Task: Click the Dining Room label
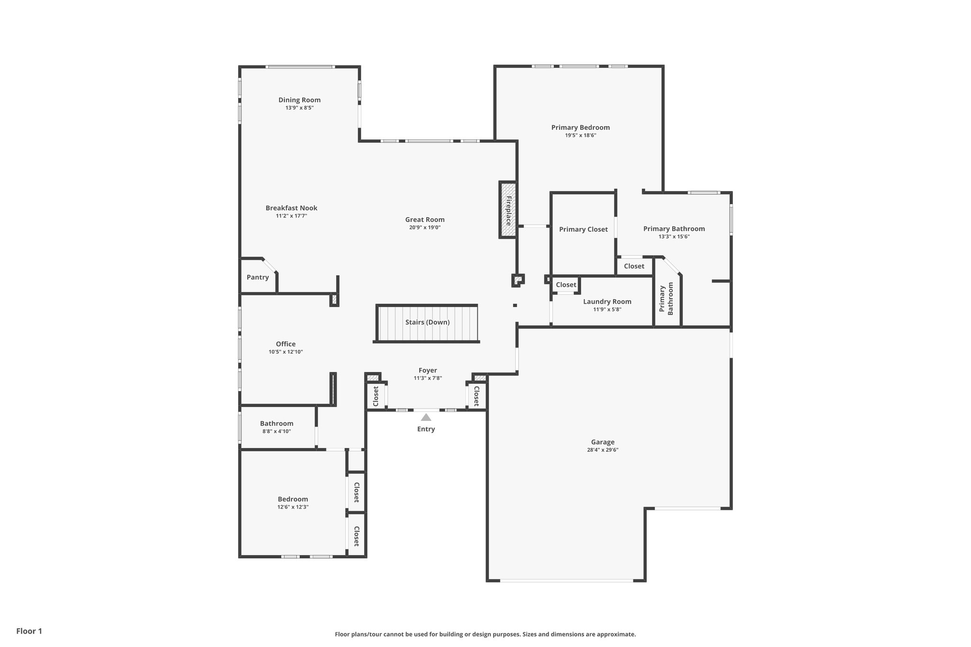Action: click(x=299, y=100)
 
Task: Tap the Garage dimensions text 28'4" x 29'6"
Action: click(x=603, y=450)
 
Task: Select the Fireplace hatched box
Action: click(x=508, y=210)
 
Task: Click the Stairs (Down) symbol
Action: click(x=427, y=323)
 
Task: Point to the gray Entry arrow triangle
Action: click(x=426, y=418)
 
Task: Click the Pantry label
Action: click(x=257, y=277)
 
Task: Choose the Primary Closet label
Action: click(x=583, y=229)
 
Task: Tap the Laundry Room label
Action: click(x=607, y=301)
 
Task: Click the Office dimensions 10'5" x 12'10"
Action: click(x=285, y=352)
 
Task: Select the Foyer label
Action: click(x=428, y=371)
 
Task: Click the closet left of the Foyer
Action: click(x=376, y=396)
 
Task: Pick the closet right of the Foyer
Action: click(x=476, y=396)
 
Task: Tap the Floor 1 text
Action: click(x=29, y=631)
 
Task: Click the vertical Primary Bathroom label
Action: click(x=666, y=299)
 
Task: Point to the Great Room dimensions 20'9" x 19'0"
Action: click(x=425, y=228)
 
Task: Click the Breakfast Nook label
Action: click(x=291, y=208)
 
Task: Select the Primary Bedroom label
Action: click(x=580, y=128)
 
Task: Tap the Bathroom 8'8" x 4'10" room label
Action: click(x=276, y=424)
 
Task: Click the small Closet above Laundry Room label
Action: click(x=566, y=285)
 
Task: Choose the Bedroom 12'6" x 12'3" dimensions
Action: click(x=293, y=507)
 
